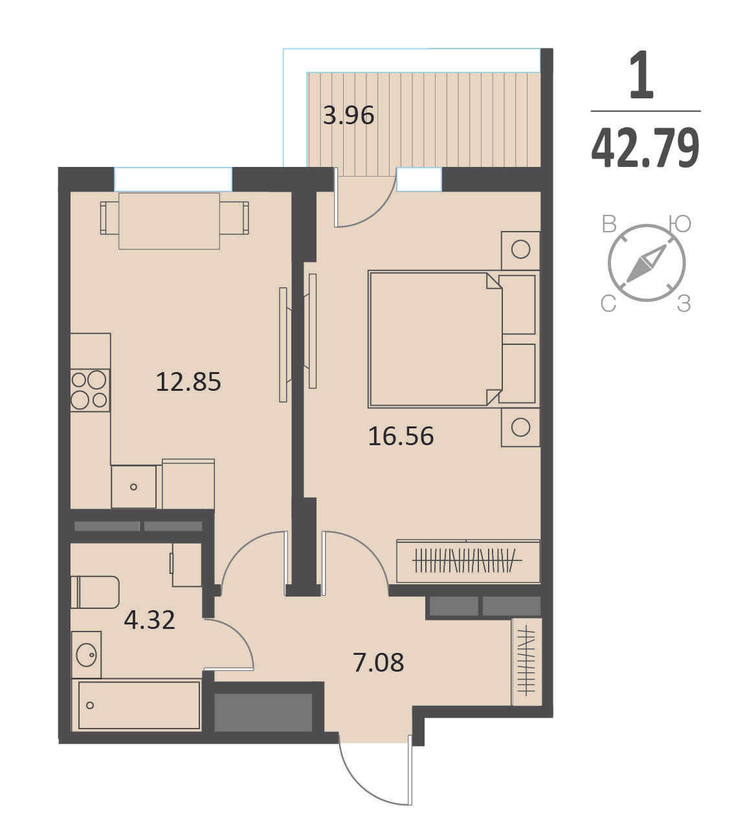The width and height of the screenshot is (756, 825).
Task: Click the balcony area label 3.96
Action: click(x=349, y=116)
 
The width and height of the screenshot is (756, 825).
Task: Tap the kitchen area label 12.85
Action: click(x=188, y=382)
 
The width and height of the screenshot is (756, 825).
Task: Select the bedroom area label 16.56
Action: click(x=401, y=436)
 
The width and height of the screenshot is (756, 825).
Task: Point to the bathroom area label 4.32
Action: click(x=150, y=620)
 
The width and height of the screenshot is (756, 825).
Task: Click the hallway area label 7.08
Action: click(x=379, y=663)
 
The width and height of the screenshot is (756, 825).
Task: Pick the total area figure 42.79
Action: click(x=645, y=148)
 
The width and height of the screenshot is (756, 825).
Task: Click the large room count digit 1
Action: click(x=641, y=75)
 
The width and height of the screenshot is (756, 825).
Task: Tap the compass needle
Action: click(x=646, y=263)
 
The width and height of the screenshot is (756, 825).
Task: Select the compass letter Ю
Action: click(x=680, y=224)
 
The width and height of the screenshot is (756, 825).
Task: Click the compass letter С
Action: click(x=608, y=304)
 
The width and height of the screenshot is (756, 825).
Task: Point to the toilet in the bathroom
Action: click(x=95, y=592)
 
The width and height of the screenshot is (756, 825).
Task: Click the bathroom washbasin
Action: click(x=87, y=655)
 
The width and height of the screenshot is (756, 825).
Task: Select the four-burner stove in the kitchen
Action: click(x=90, y=390)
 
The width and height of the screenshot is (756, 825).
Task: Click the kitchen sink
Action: click(x=134, y=487)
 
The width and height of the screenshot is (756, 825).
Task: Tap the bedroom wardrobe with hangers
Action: click(x=469, y=561)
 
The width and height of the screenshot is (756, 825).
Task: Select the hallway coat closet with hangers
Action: click(x=526, y=662)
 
